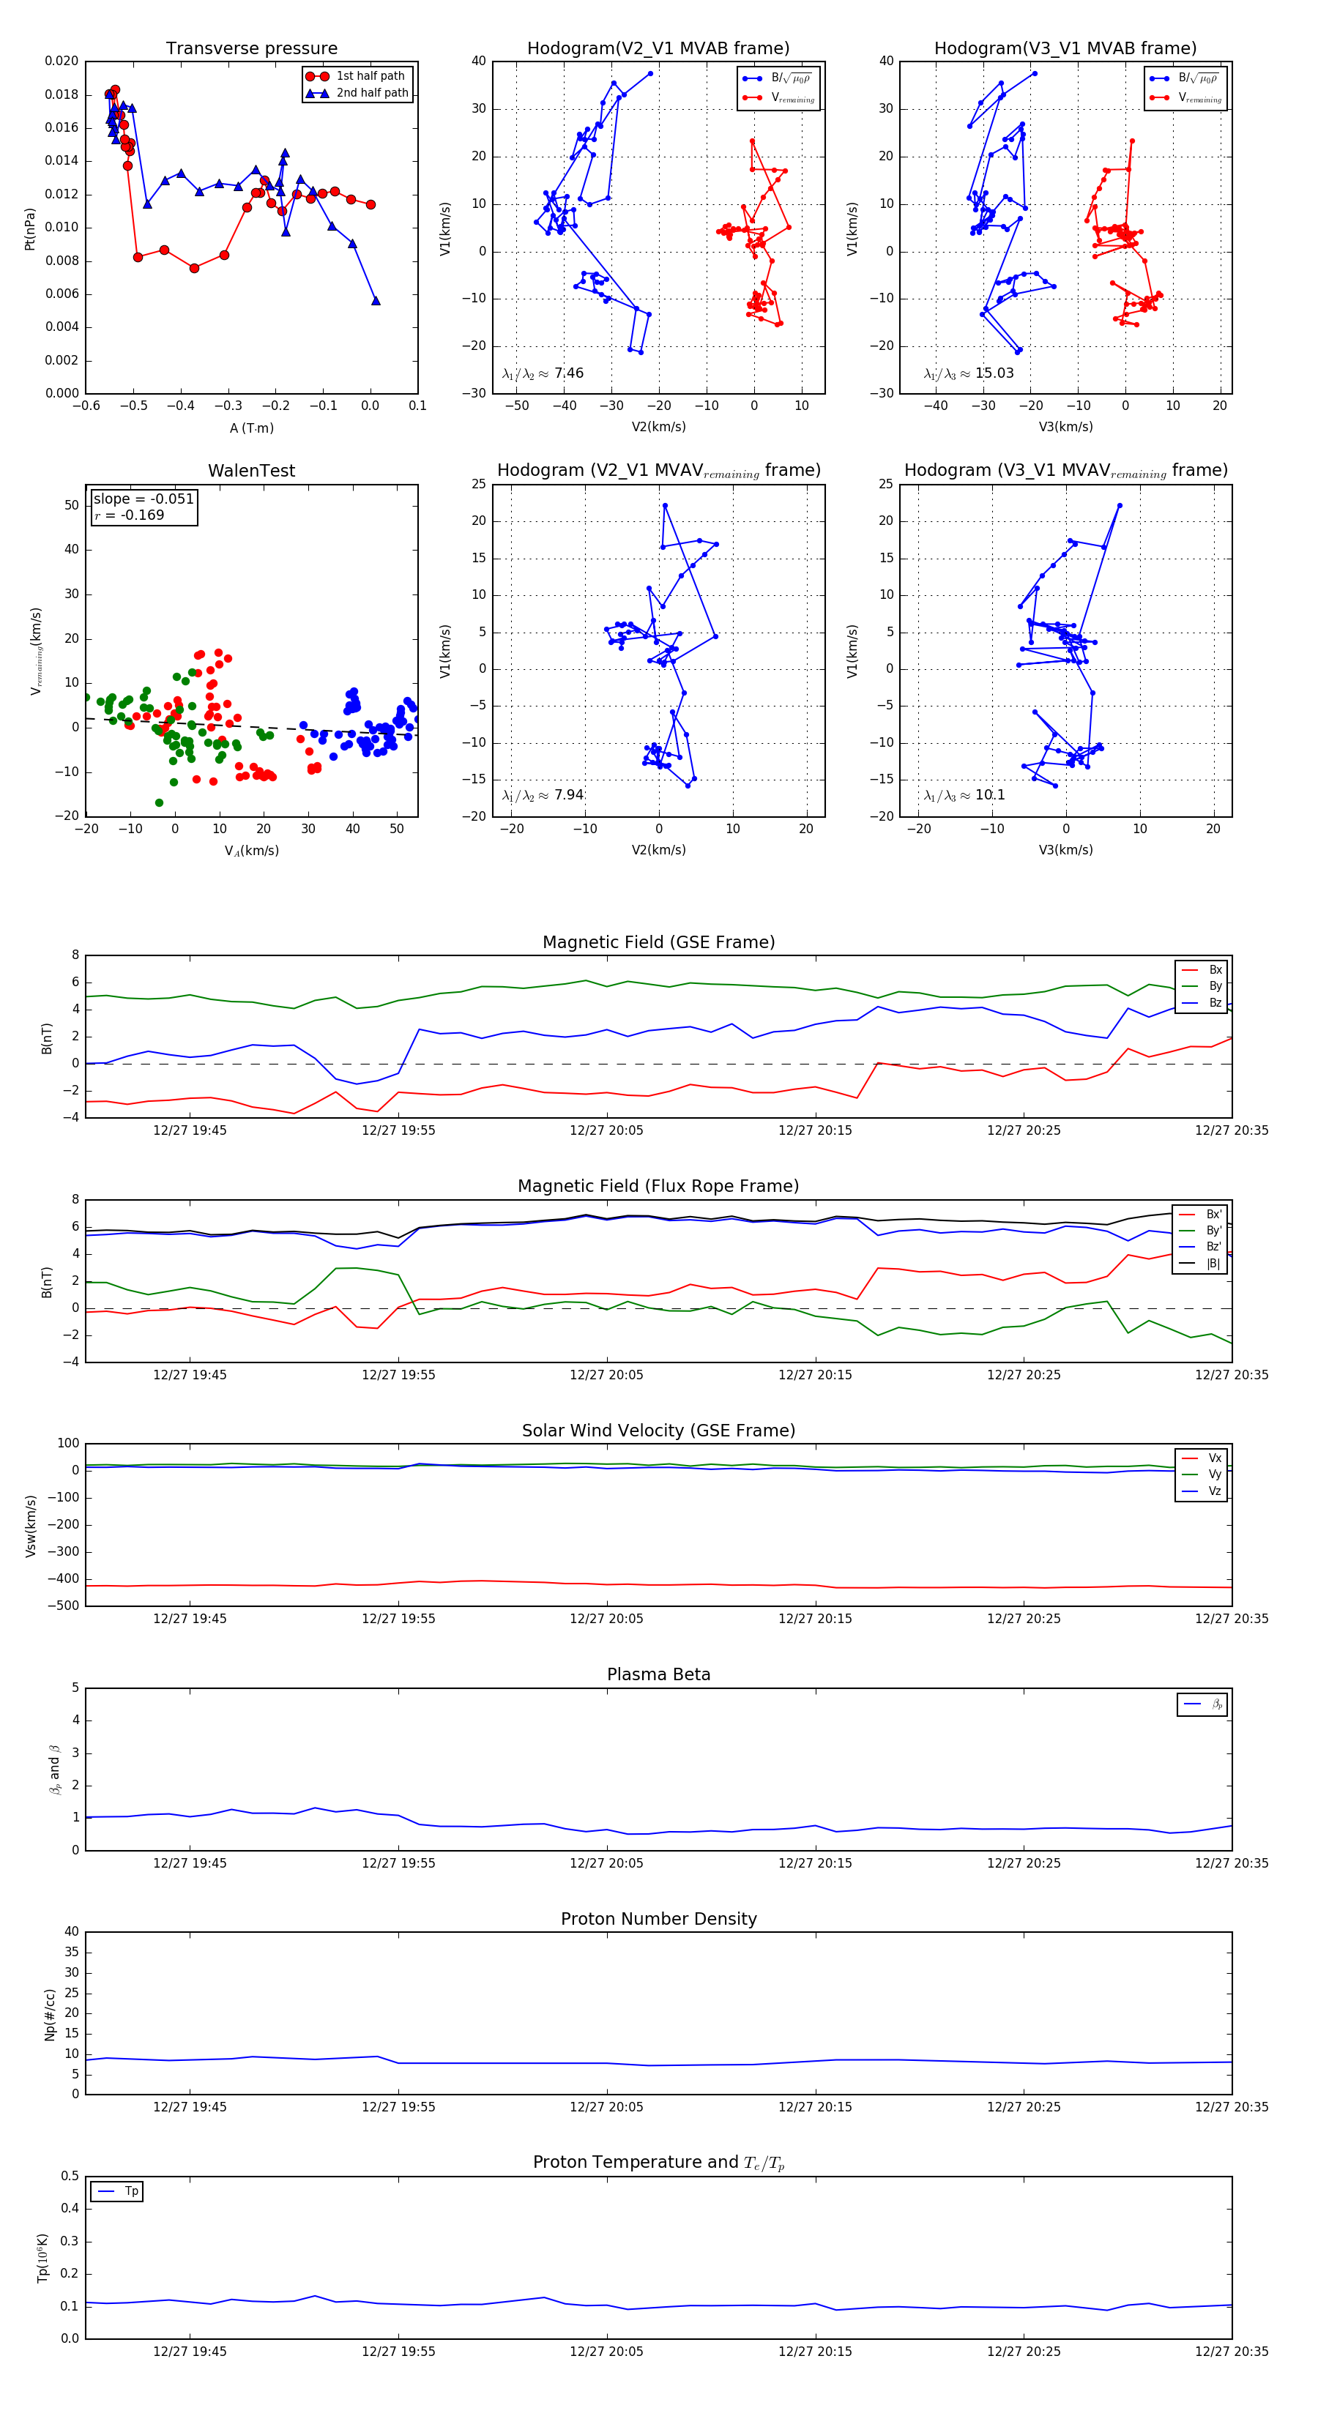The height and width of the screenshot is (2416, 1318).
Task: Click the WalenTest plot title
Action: [x=251, y=471]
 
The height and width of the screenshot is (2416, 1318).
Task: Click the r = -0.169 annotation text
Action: [x=130, y=515]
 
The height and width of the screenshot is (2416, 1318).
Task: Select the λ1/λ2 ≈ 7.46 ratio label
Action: [x=542, y=373]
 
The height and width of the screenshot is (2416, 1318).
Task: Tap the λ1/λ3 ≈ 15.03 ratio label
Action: [x=968, y=373]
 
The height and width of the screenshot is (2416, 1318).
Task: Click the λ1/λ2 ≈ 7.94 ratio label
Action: [x=542, y=795]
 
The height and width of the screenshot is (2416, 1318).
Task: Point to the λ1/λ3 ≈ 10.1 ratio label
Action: [x=964, y=795]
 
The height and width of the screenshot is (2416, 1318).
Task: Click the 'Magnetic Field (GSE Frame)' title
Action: [x=658, y=942]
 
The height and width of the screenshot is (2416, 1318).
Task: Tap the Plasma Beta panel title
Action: [x=658, y=1675]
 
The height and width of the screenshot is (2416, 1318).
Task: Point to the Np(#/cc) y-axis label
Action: [x=50, y=2015]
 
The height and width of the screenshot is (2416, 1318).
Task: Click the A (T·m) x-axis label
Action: [x=251, y=428]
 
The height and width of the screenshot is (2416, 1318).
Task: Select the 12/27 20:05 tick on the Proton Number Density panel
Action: [x=606, y=2106]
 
